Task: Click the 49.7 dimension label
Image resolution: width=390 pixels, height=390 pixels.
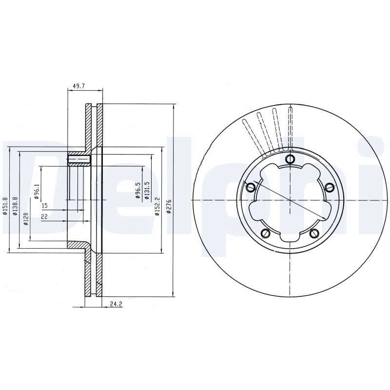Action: [x=78, y=86]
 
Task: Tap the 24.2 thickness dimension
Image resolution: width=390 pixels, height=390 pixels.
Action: [x=116, y=304]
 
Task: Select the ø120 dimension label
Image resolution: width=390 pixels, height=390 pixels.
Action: [x=26, y=219]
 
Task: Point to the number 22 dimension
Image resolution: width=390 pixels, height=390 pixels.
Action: [x=44, y=216]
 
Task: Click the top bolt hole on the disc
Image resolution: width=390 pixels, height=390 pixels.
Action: [x=290, y=159]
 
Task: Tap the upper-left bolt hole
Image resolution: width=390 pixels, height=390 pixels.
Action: [x=251, y=187]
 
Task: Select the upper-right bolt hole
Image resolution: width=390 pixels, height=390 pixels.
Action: [x=330, y=187]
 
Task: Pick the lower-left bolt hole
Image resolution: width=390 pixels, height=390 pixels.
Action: [x=265, y=233]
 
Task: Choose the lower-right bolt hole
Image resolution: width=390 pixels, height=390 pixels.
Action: [x=314, y=233]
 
